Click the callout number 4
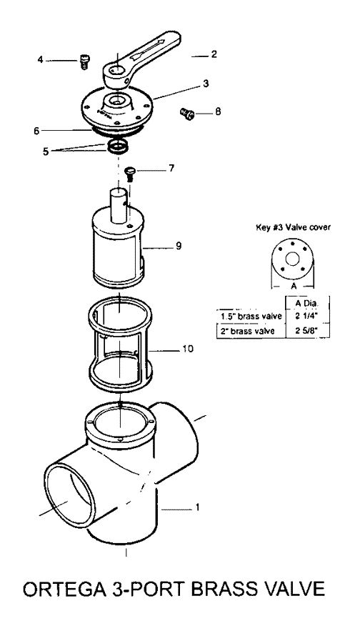[40, 60]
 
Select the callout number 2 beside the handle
[214, 54]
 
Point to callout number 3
[206, 84]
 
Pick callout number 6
[36, 131]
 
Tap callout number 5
[46, 151]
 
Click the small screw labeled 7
[129, 174]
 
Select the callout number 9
[179, 246]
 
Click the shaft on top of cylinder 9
[119, 206]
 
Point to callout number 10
[188, 349]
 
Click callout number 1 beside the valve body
[197, 507]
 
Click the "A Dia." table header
[306, 303]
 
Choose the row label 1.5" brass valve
[251, 316]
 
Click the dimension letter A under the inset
[294, 286]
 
